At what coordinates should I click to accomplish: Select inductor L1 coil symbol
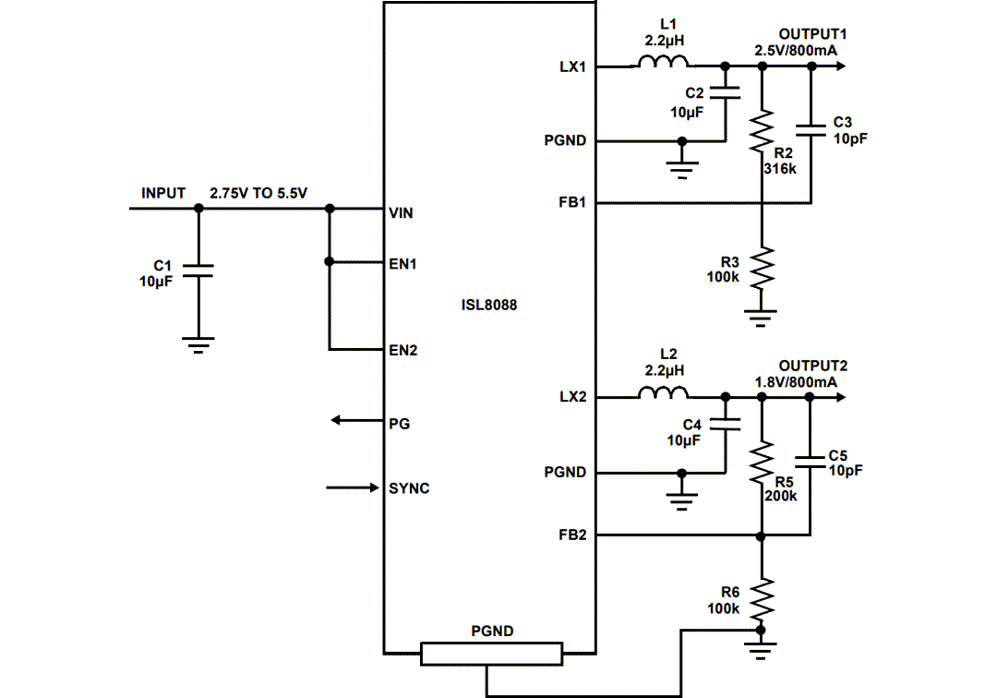(x=661, y=64)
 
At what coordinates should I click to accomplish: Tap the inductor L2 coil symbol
(x=662, y=395)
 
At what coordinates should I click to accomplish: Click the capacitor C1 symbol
(x=198, y=270)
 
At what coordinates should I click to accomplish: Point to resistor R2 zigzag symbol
(x=762, y=131)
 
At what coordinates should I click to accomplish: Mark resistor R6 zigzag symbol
(x=762, y=599)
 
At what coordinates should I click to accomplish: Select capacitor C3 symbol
(x=811, y=131)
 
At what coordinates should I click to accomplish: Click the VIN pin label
(x=402, y=212)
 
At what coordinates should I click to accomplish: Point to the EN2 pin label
(x=403, y=351)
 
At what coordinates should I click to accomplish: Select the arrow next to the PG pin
(x=357, y=422)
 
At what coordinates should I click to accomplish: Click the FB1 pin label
(x=572, y=202)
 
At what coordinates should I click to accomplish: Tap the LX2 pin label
(x=572, y=397)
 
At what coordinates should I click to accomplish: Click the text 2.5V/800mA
(x=795, y=50)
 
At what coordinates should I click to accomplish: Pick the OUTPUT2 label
(x=812, y=366)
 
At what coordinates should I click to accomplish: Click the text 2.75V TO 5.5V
(x=258, y=193)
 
